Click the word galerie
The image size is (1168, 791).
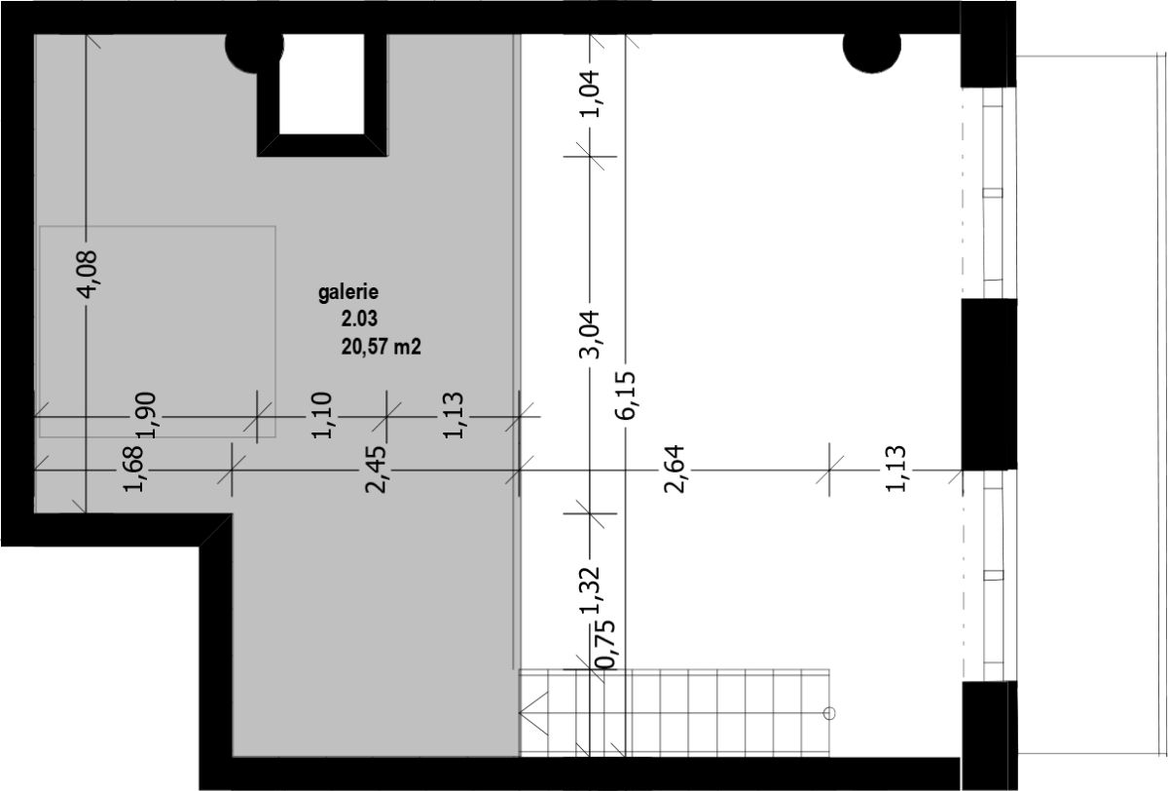(348, 292)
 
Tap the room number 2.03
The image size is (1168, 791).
(359, 319)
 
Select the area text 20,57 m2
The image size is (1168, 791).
(382, 347)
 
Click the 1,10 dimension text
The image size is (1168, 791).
(321, 415)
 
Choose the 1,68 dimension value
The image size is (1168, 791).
(133, 469)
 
